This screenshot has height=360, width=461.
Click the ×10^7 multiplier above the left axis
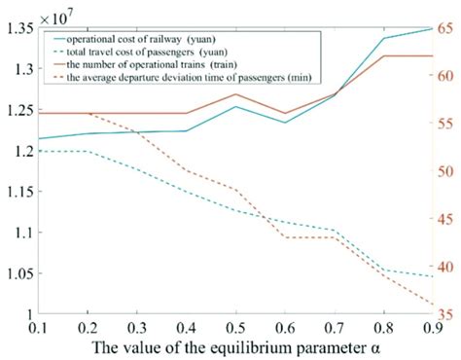[x=60, y=13]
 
